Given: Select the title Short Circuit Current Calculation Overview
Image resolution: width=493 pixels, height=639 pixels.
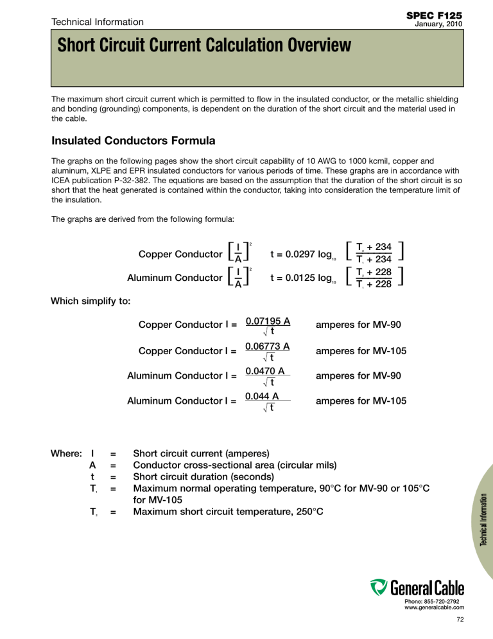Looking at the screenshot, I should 203,46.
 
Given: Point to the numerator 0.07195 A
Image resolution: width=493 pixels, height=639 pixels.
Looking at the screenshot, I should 268,319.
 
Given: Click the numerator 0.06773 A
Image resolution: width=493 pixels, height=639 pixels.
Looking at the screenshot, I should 268,346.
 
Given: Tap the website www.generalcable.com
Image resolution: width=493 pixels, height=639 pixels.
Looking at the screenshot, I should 434,607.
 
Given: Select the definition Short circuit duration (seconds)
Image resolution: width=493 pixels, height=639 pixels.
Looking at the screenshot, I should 203,477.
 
